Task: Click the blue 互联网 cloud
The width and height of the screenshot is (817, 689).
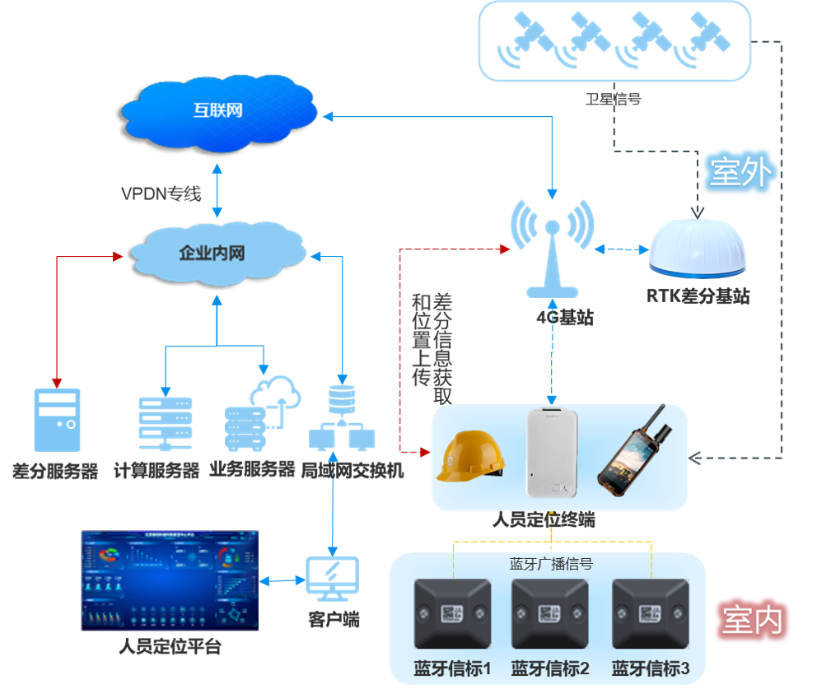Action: [218, 110]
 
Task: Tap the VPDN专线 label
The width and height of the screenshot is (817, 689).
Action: [161, 194]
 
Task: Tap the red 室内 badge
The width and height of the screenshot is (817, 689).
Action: [752, 619]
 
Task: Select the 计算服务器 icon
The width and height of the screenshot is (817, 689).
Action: [166, 423]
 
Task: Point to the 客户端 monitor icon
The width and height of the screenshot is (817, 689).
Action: [332, 576]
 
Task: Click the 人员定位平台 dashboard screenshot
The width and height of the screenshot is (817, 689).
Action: [170, 580]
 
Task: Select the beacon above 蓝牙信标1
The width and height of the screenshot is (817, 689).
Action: [451, 614]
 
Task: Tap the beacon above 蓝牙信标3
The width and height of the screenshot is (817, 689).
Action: [650, 614]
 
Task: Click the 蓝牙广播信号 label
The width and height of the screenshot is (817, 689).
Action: [551, 564]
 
